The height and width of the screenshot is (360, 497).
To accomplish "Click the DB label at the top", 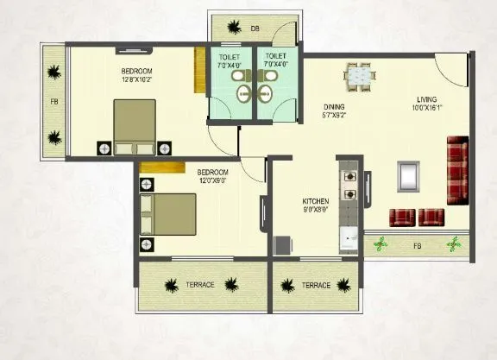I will (255, 29).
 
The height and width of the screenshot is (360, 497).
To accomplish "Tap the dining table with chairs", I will (361, 77).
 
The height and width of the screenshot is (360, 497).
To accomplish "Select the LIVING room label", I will (426, 98).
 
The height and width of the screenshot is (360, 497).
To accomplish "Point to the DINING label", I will (334, 106).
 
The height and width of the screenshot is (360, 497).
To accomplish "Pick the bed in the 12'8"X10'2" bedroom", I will (135, 128).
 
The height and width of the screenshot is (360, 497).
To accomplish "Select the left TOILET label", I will (229, 56).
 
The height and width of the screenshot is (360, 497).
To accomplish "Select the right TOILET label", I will (277, 56).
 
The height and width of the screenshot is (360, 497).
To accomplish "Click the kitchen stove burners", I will (350, 185).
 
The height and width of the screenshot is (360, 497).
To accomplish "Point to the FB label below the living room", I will (418, 246).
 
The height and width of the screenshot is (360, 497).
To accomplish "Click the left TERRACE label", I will (198, 285).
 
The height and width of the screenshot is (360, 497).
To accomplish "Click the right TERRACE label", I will (316, 285).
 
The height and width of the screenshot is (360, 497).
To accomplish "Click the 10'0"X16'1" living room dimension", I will (426, 108).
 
